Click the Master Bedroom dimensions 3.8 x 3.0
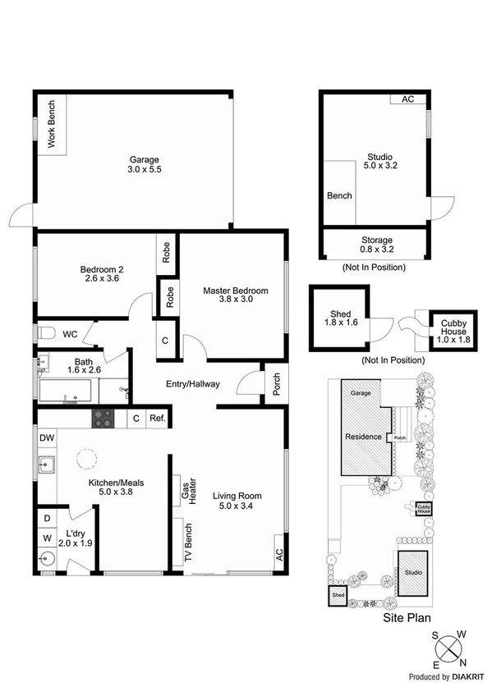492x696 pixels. (235, 300)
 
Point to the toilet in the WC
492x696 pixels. (48, 334)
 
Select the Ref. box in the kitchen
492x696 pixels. (158, 419)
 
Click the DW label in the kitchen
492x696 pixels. (46, 438)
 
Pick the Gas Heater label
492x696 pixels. (186, 492)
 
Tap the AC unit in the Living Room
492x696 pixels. (278, 552)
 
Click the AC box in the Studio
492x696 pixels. (407, 99)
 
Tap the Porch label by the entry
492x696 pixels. (275, 384)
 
